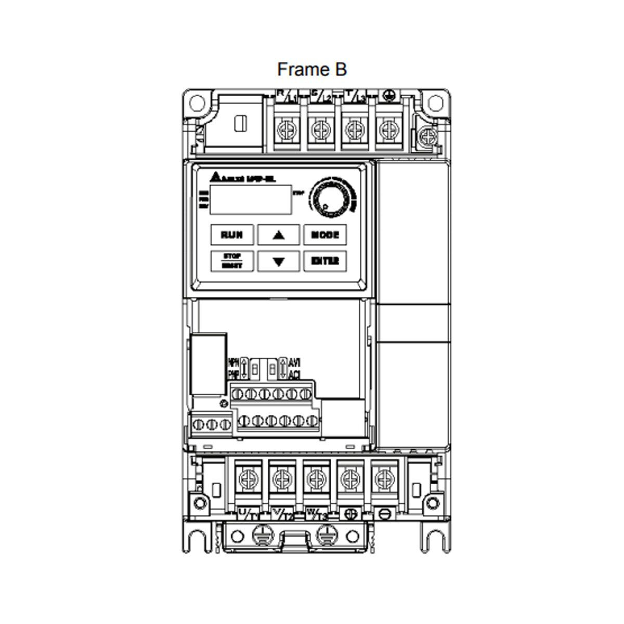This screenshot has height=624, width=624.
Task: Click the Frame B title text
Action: point(311,69)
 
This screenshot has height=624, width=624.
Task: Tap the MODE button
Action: point(324,235)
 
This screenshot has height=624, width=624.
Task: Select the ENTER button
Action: point(324,261)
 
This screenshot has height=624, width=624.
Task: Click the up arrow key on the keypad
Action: point(279,235)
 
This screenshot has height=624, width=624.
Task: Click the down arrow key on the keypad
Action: point(279,261)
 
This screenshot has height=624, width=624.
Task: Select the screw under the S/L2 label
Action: point(319,127)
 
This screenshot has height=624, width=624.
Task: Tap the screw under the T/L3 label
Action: point(353,127)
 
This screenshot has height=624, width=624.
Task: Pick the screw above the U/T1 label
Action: point(246,476)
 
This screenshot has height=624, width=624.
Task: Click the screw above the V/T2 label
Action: point(280,476)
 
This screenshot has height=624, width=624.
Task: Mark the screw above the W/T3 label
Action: point(314,476)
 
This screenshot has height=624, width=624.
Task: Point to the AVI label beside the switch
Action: point(294,362)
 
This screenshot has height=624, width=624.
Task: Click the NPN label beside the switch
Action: point(233,362)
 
